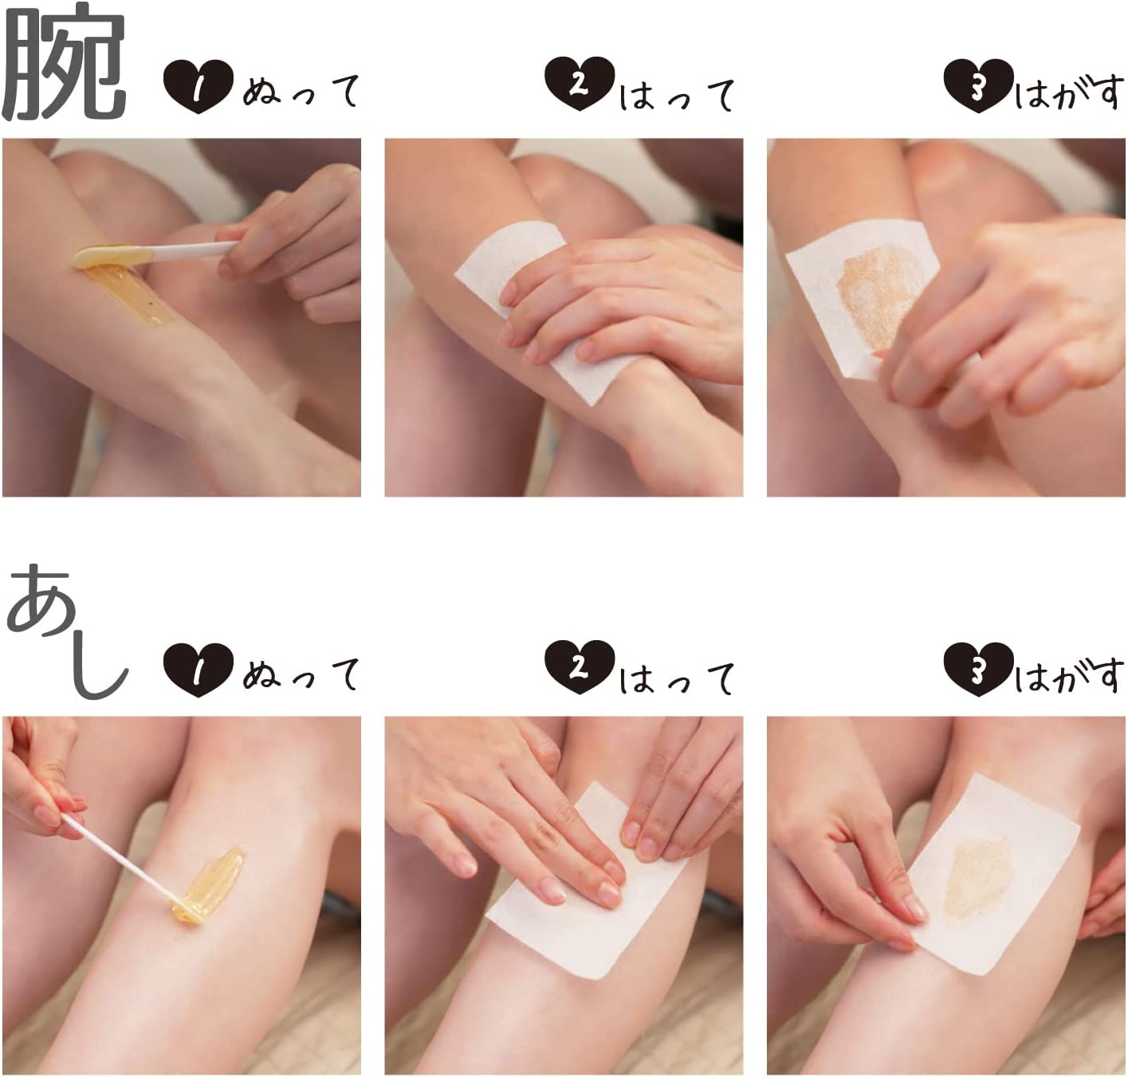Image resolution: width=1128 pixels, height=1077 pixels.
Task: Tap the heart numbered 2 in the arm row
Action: pos(580,84)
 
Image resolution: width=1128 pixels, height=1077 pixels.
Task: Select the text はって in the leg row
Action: pos(678,678)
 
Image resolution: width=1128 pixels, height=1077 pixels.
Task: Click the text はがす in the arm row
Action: pos(1068,94)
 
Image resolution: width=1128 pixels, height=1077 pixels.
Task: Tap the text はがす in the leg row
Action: pos(1068,678)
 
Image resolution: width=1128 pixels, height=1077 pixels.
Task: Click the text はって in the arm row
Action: pos(678,94)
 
